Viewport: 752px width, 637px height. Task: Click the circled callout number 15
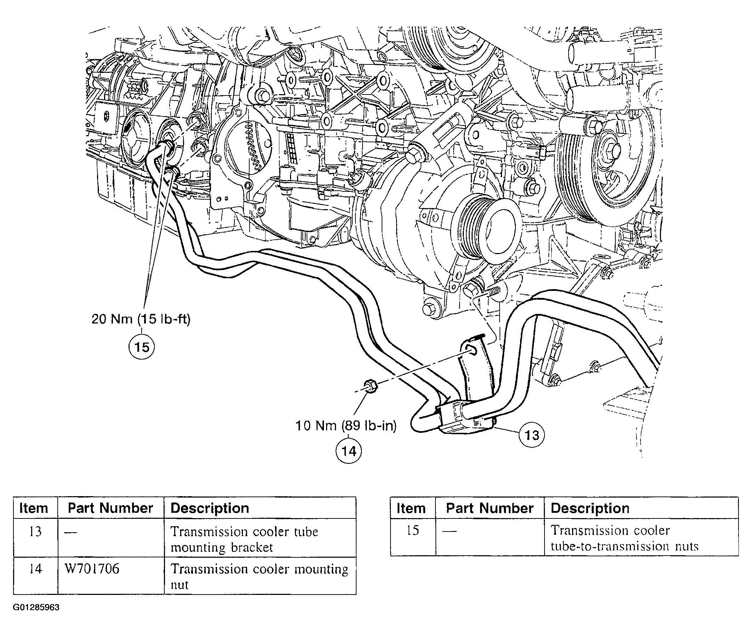142,347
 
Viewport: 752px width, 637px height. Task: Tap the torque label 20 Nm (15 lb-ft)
141,319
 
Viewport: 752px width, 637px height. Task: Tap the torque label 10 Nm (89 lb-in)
346,426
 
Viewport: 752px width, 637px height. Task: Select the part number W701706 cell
92,569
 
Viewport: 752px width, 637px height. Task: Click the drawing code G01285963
36,607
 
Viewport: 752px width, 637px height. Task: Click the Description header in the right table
590,508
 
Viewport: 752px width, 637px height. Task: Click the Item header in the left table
34,508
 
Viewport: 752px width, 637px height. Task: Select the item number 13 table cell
35,532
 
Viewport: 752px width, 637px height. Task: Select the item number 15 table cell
412,530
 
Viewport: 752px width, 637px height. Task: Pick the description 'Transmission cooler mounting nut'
259,576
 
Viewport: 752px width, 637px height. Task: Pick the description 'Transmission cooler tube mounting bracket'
244,539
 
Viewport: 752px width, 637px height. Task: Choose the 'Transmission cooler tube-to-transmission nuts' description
624,538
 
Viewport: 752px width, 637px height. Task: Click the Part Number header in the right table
489,508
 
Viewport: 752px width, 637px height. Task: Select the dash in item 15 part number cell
449,531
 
